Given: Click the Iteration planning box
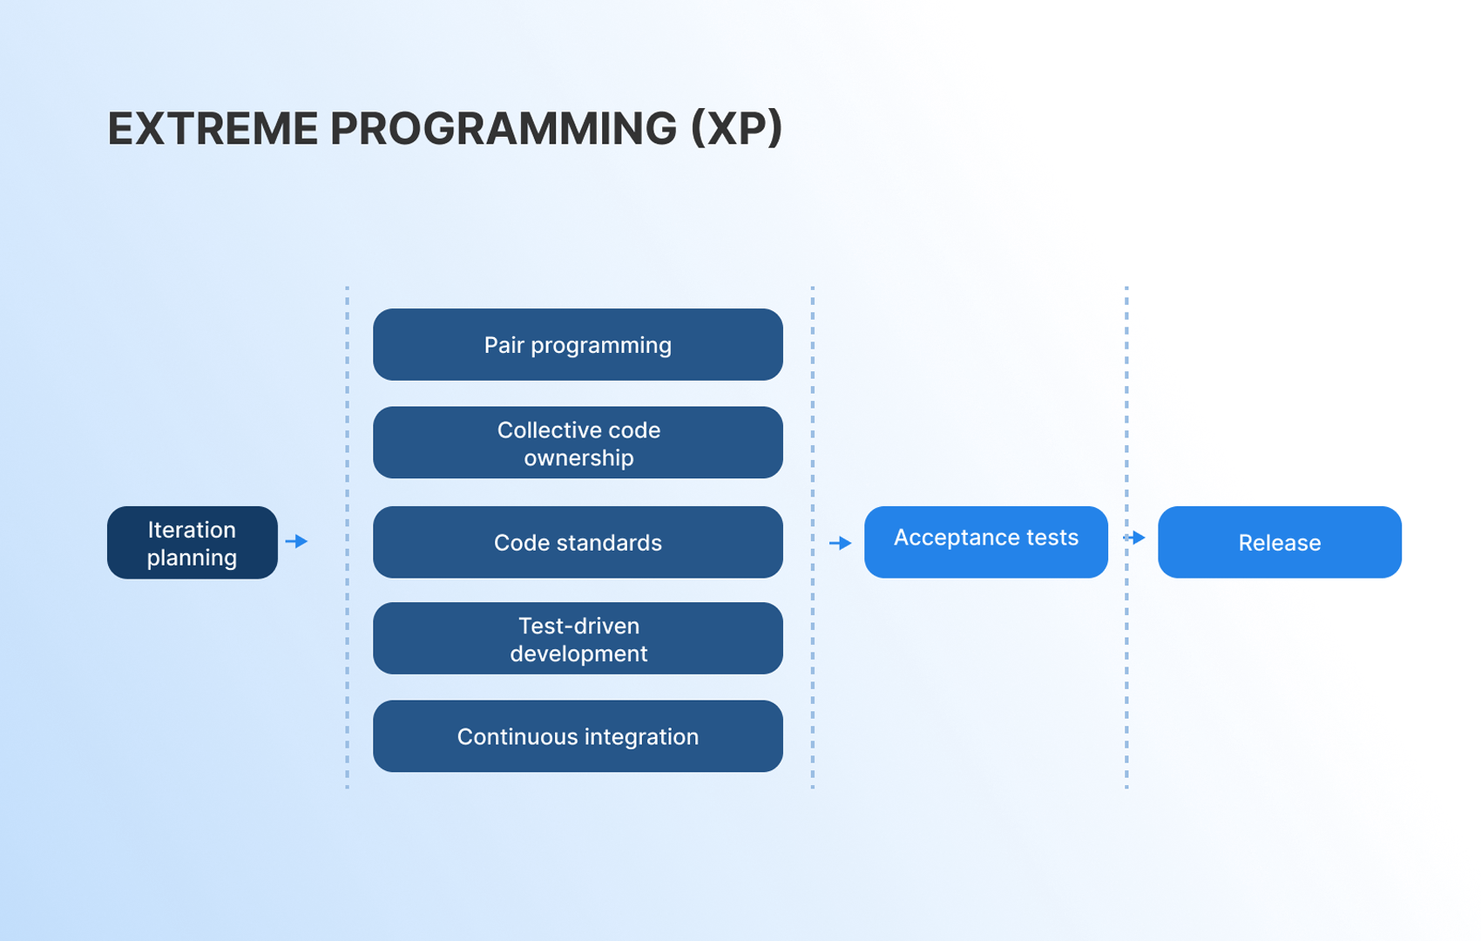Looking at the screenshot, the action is point(193,543).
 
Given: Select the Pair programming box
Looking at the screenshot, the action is point(578,344).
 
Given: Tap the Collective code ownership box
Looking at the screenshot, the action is point(578,443).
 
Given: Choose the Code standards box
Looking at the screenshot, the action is point(578,542).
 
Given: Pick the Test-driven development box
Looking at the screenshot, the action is point(578,638).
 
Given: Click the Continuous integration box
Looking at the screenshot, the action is point(578,736).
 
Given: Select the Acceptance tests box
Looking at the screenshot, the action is point(986,542).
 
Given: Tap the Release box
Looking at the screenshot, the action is point(1280,542).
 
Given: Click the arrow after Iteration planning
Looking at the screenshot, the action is point(297,542).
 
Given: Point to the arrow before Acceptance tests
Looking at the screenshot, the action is point(841,543).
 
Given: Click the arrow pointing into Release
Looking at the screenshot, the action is point(1134,538).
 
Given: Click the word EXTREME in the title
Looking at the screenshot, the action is point(213,128).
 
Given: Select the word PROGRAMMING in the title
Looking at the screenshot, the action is point(504,128).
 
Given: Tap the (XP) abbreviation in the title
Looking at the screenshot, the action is point(736,128).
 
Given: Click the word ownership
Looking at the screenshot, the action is point(578,458).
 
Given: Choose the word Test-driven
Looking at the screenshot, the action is point(579,626).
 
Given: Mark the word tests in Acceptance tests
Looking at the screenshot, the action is point(1052,538).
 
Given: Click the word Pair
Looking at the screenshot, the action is point(504,344).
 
